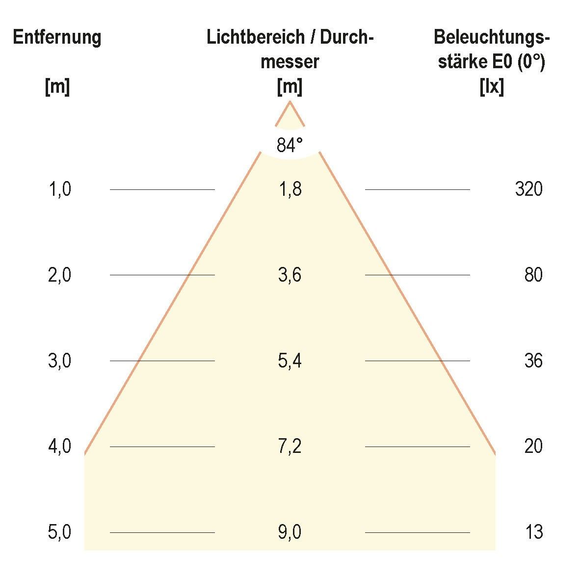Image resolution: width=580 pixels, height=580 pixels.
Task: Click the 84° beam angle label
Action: tap(290, 145)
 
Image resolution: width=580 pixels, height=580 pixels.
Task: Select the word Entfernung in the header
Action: tap(57, 38)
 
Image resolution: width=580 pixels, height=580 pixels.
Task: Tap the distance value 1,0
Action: tap(60, 189)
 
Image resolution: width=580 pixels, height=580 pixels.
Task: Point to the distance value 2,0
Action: tap(60, 275)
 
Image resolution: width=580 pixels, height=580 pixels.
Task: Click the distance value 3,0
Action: tap(60, 361)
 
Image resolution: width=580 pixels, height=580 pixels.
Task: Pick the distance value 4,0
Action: tap(60, 447)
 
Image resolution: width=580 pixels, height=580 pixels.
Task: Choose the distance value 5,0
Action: tap(60, 532)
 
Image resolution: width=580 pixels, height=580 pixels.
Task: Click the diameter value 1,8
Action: tap(290, 189)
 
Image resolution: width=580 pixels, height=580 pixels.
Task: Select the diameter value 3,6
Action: tap(290, 275)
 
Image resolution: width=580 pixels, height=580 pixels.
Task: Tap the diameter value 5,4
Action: tap(290, 361)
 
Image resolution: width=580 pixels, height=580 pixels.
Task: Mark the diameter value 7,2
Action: tap(290, 447)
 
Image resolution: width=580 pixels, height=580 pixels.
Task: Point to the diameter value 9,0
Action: tap(290, 532)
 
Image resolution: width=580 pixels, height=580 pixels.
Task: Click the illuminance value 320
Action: tap(528, 189)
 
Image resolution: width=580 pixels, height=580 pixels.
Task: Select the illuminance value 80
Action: tap(533, 275)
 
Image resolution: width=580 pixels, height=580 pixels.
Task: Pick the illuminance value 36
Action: tap(533, 361)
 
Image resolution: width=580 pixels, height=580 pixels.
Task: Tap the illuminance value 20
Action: tap(533, 447)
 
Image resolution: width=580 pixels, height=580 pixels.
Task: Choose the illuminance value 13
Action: tap(533, 532)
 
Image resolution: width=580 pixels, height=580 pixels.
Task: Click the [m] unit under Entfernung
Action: tap(57, 87)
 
